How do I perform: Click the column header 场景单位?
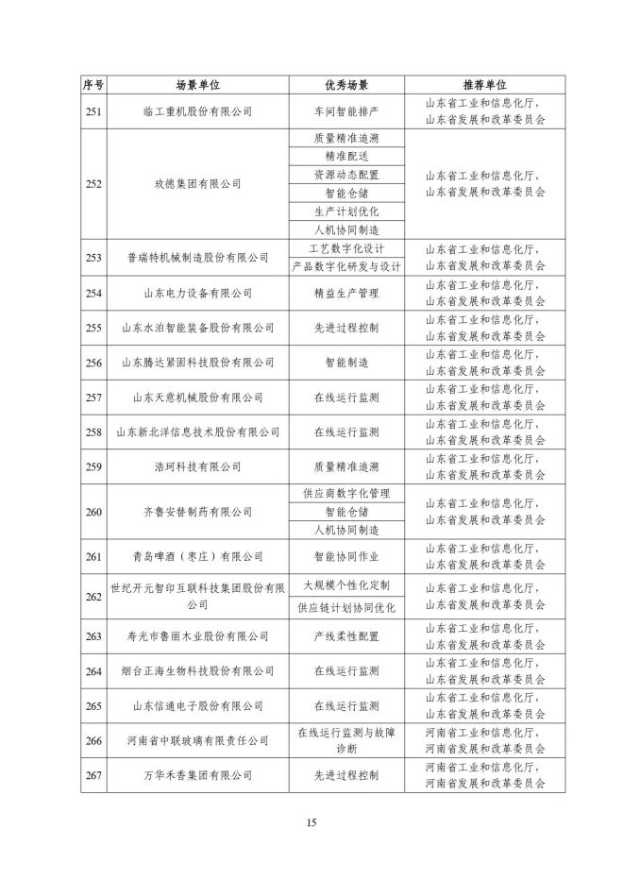click(197, 85)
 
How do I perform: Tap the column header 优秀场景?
click(346, 85)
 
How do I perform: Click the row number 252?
click(93, 184)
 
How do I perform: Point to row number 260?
click(93, 512)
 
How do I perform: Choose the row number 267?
click(93, 774)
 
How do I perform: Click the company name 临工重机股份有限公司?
click(197, 111)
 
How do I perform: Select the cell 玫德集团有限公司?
click(197, 184)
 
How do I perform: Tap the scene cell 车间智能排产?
click(346, 111)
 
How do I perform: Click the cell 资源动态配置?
click(346, 175)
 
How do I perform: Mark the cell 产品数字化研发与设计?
click(346, 266)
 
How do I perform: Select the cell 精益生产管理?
click(346, 293)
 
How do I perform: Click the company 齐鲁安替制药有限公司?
click(197, 512)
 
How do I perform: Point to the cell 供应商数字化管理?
click(346, 493)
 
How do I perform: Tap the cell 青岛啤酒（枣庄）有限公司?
click(197, 556)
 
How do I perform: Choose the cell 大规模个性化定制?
click(346, 584)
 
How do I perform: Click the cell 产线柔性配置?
click(346, 635)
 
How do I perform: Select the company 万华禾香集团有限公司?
click(197, 774)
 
